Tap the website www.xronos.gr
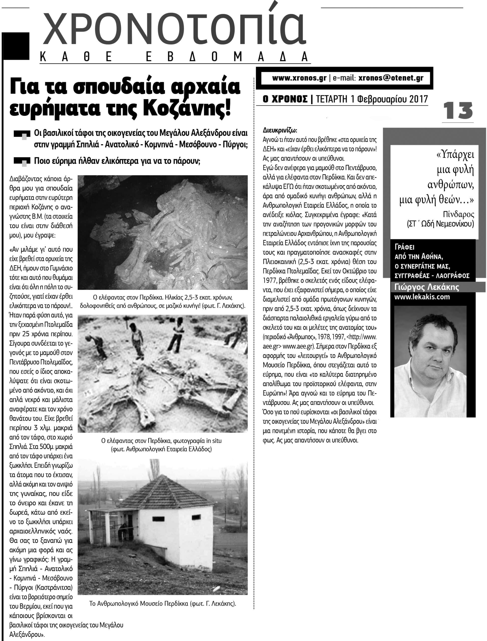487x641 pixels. coord(299,78)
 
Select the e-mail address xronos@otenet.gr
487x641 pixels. coord(391,78)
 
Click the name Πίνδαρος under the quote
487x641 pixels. coord(458,214)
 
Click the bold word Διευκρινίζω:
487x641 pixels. coord(280,130)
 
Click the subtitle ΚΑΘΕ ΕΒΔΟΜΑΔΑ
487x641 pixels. coord(174,57)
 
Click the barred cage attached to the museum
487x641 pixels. coord(113,523)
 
